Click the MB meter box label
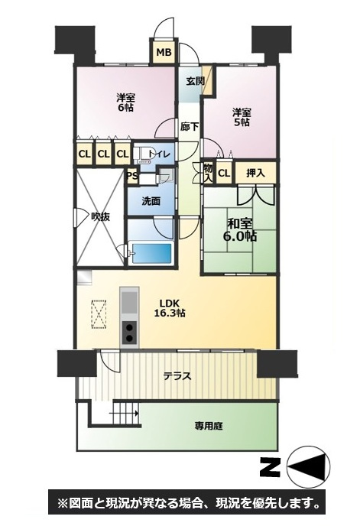164,52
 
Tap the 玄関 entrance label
195,81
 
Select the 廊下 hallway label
190,127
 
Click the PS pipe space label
132,177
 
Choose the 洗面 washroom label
151,201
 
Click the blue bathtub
151,253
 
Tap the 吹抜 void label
101,217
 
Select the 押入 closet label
255,173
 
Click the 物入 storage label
208,173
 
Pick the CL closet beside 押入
224,174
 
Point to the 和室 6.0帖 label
240,230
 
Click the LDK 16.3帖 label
170,308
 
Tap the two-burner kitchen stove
129,333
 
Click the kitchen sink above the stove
129,302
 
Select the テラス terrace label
177,376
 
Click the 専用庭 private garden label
209,427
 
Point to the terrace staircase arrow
125,413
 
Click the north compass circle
309,466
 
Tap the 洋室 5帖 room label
242,117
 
